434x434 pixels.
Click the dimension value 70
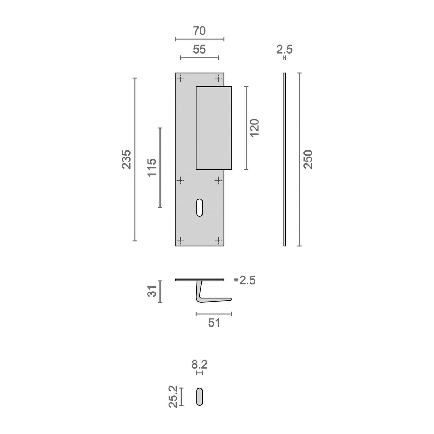click(x=200, y=31)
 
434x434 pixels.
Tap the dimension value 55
click(x=200, y=50)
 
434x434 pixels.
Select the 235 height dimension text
click(x=126, y=159)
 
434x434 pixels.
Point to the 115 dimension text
click(x=152, y=167)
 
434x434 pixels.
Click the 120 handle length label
click(x=255, y=128)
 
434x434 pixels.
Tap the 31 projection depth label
click(x=152, y=291)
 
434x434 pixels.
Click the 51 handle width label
click(x=214, y=323)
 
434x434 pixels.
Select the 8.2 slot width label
click(x=200, y=365)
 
